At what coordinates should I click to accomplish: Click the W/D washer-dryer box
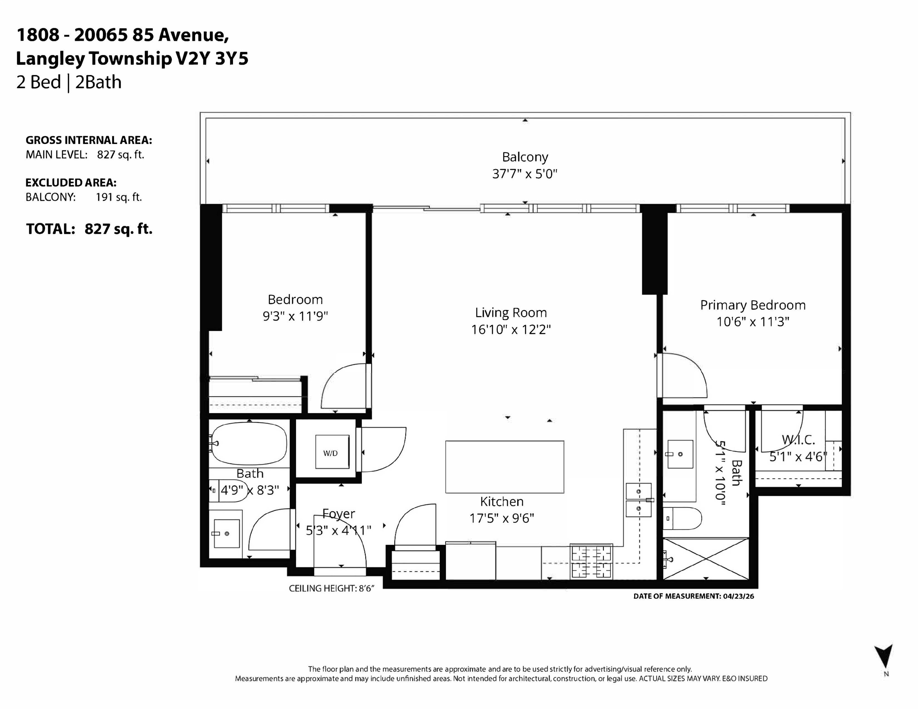pyautogui.click(x=332, y=452)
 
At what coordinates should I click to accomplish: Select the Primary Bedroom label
pyautogui.click(x=753, y=305)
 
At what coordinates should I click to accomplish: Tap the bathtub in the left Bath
pyautogui.click(x=249, y=443)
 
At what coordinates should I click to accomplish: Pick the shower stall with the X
pyautogui.click(x=706, y=559)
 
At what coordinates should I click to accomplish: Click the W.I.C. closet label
pyautogui.click(x=798, y=440)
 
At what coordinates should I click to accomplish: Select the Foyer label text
pyautogui.click(x=339, y=514)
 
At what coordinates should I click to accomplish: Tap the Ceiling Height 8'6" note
pyautogui.click(x=331, y=588)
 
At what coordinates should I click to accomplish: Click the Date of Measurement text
pyautogui.click(x=694, y=596)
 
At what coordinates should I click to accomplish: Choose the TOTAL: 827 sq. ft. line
pyautogui.click(x=89, y=229)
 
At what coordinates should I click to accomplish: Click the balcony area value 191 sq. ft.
pyautogui.click(x=119, y=197)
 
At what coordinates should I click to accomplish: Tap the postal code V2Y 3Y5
pyautogui.click(x=212, y=58)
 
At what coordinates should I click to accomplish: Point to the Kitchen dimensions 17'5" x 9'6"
pyautogui.click(x=501, y=518)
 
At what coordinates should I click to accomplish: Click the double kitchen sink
pyautogui.click(x=638, y=500)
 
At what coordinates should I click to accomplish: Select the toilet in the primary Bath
pyautogui.click(x=682, y=518)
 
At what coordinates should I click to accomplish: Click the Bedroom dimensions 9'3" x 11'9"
pyautogui.click(x=295, y=316)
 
